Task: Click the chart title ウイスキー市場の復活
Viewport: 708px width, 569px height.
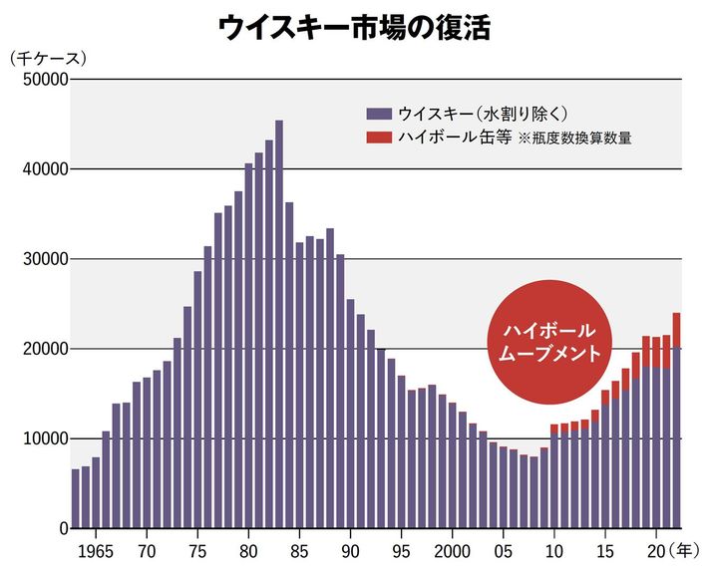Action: click(353, 27)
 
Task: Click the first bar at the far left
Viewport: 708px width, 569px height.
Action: click(75, 498)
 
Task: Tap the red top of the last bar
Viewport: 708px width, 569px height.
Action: click(676, 330)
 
